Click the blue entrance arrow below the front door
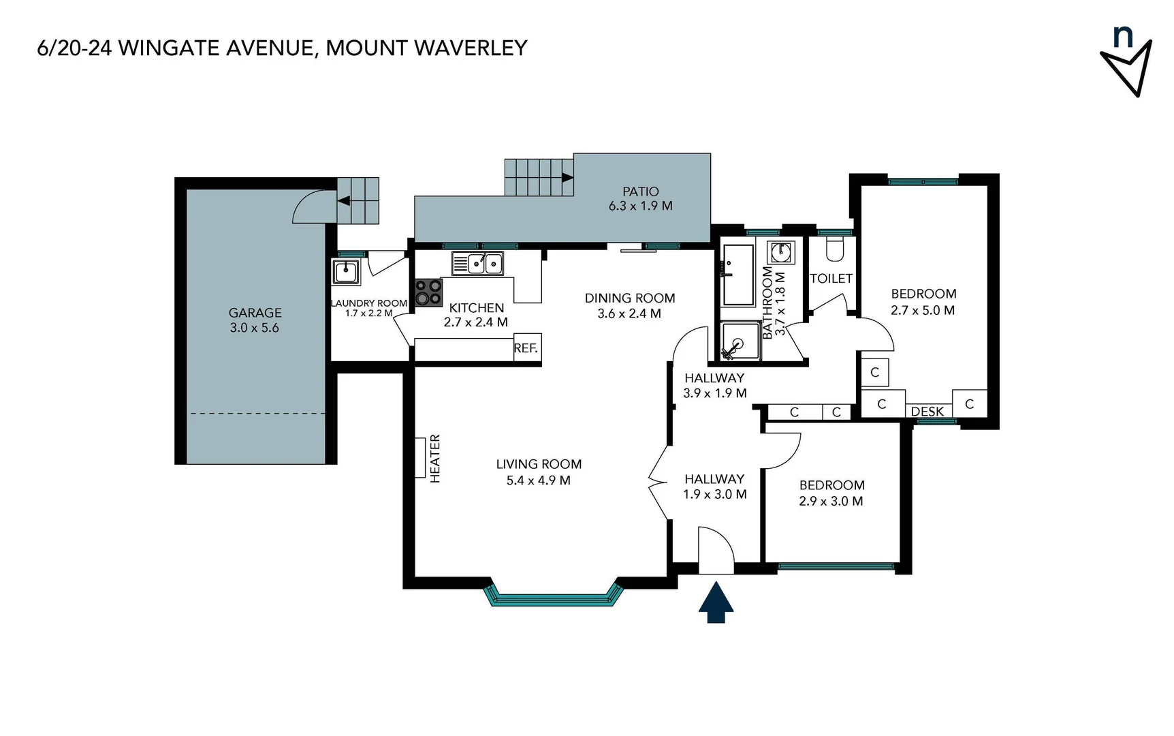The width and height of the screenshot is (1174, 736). click(716, 602)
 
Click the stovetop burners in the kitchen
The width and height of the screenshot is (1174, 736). click(429, 292)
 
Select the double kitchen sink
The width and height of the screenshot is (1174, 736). click(477, 263)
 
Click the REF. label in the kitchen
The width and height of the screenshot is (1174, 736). click(526, 348)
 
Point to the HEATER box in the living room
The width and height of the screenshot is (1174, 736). click(420, 458)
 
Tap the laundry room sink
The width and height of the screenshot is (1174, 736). click(346, 273)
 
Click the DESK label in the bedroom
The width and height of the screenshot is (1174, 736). click(927, 412)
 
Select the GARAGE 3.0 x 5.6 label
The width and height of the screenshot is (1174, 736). click(255, 320)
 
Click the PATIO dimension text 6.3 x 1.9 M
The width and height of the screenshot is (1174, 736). click(640, 206)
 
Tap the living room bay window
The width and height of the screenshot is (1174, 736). click(553, 600)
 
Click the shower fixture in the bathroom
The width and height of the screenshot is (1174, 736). click(740, 341)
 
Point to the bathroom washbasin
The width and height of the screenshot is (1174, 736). click(780, 253)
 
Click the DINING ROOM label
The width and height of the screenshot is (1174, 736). click(630, 298)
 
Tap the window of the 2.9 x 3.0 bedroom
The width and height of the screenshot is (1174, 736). click(836, 566)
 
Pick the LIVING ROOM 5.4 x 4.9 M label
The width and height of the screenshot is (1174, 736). click(539, 472)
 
